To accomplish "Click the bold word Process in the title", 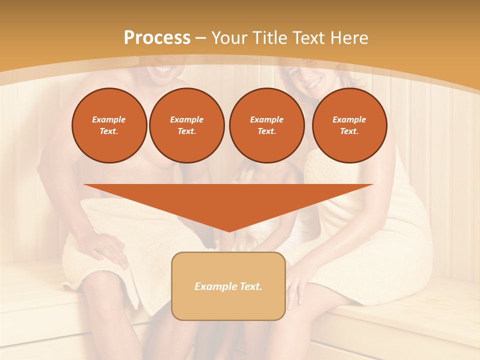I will (x=157, y=38).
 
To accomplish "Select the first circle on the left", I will (x=109, y=125).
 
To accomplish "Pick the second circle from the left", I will (x=187, y=125).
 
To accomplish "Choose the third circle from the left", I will (x=266, y=125).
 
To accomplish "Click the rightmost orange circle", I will (x=349, y=125).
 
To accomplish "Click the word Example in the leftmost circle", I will (x=109, y=120).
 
